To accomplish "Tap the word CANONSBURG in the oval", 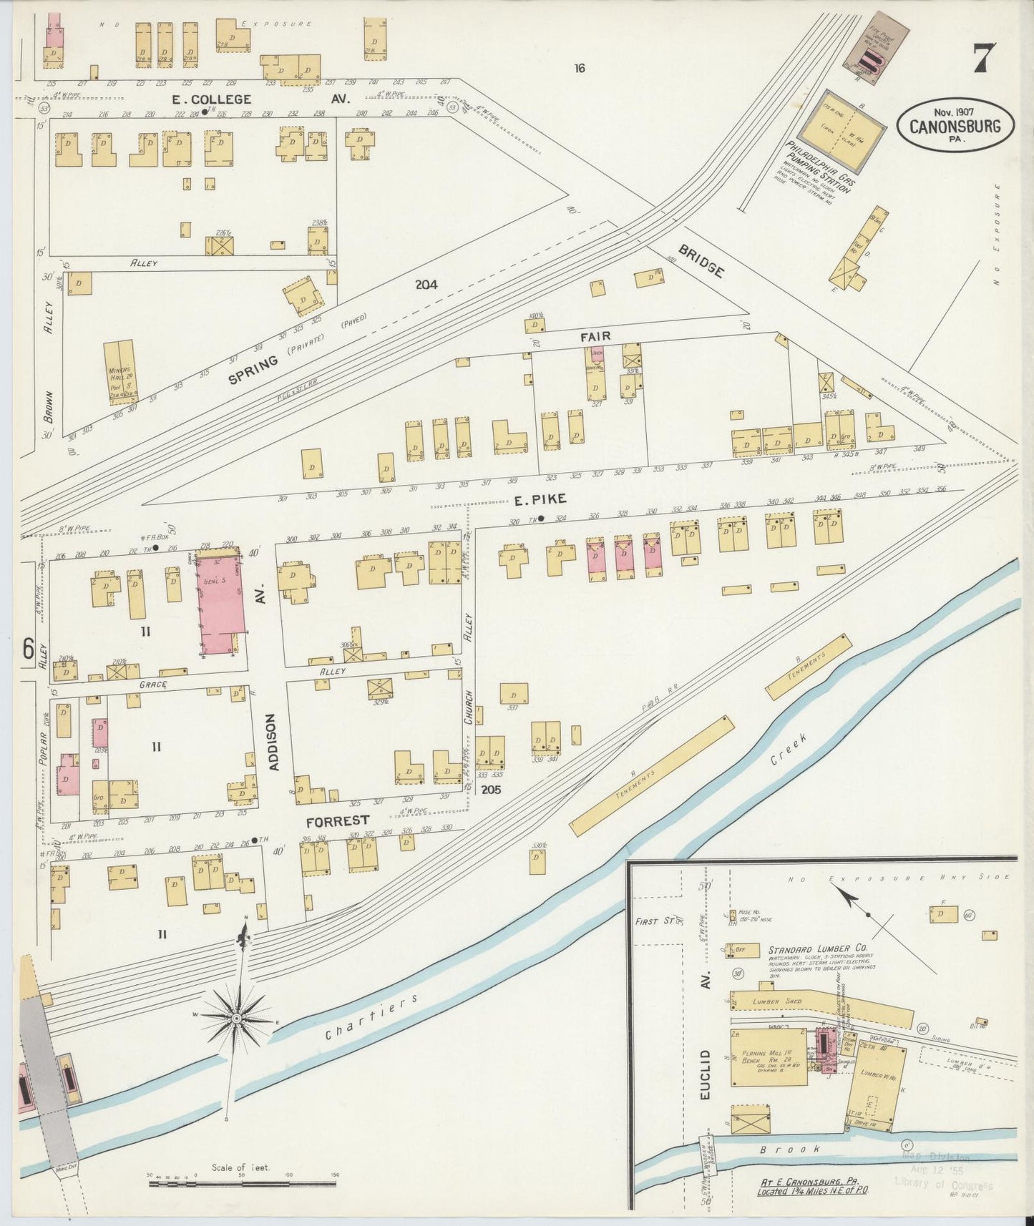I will (955, 127).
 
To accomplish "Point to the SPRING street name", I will (253, 370).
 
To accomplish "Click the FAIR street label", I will (595, 336).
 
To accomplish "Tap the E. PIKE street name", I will (540, 499).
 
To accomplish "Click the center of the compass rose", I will (237, 1017).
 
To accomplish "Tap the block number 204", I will (426, 284).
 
